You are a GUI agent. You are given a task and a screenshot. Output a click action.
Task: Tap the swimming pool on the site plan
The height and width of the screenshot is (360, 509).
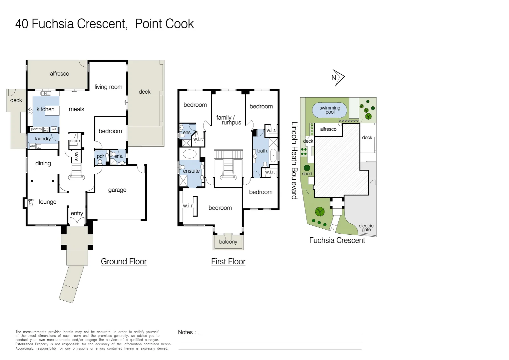coord(329,110)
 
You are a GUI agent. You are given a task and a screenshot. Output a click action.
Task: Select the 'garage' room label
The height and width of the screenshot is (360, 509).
coord(117,190)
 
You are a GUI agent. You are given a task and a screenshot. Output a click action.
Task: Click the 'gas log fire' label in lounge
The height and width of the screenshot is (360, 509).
coord(31,203)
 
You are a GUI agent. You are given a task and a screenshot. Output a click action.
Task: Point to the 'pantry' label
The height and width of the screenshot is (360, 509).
coord(36,129)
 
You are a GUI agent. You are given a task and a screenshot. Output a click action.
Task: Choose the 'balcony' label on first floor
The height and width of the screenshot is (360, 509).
coord(228,242)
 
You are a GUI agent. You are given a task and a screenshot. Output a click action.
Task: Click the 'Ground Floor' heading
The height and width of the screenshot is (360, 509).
coord(124,262)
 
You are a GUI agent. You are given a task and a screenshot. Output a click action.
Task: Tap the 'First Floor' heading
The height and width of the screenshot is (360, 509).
coord(229,262)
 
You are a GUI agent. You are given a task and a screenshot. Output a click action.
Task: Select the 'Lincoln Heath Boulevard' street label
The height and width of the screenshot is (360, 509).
coord(294,161)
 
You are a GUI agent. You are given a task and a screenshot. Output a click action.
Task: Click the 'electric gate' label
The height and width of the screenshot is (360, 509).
coord(366,228)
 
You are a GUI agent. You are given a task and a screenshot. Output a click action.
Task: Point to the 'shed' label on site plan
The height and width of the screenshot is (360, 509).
coord(307,174)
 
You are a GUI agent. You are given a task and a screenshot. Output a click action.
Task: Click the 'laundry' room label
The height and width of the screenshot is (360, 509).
coord(43,139)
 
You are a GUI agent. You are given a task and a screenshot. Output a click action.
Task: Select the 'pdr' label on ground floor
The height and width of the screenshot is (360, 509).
coord(101,156)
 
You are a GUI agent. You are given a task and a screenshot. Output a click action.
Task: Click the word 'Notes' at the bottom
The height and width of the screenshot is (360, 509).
coord(185,332)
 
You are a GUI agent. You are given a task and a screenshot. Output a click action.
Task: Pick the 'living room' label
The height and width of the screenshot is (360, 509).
coord(108,87)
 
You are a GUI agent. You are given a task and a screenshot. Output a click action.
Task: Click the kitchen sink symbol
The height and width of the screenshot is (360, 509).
coord(46,93)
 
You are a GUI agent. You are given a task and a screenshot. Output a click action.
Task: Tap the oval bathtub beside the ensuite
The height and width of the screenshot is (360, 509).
coord(190,154)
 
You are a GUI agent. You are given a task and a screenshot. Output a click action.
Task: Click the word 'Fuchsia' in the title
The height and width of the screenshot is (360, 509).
coord(53,24)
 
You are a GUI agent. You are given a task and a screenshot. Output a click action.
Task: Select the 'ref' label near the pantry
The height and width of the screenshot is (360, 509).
coord(54,129)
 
